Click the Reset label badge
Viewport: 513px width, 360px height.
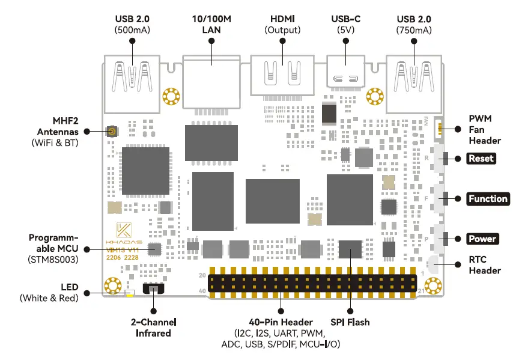[x=482, y=159]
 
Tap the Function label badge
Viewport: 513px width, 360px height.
[x=488, y=199]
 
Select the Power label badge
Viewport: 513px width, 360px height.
[x=482, y=239]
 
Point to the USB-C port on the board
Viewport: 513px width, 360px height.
[x=347, y=76]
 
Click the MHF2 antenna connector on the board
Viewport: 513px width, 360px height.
[x=111, y=132]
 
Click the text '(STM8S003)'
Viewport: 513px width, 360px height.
[x=53, y=259]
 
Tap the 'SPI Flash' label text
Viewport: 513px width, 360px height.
[x=350, y=322]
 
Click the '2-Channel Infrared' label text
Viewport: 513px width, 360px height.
[x=154, y=327]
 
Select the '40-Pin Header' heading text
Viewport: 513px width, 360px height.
[x=281, y=322]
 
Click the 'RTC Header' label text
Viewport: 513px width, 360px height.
[x=485, y=265]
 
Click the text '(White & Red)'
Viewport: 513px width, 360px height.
[x=48, y=297]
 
